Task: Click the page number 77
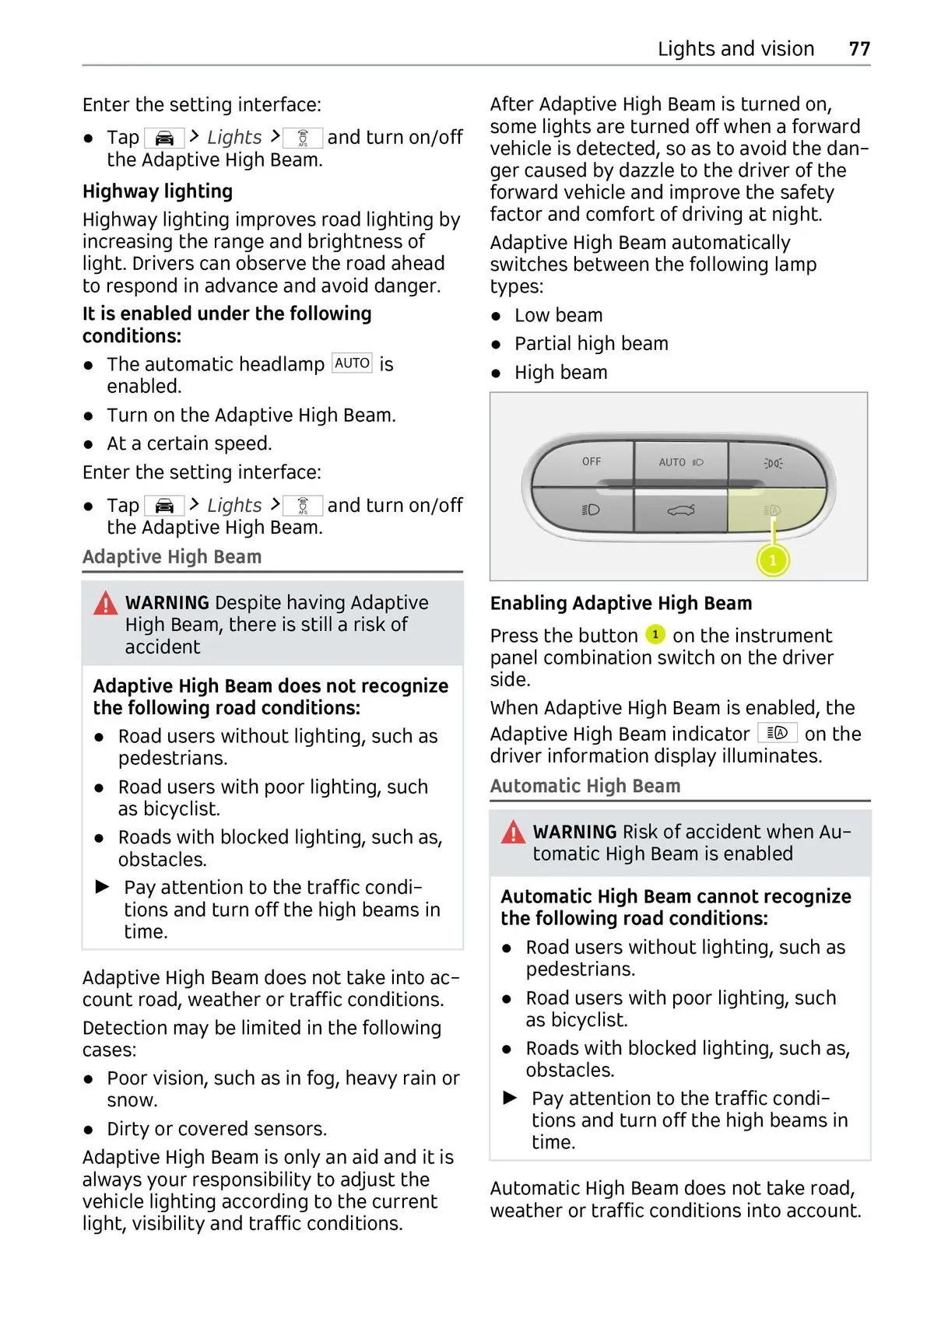pos(859,49)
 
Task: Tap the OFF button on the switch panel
pos(592,461)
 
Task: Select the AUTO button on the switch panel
pos(681,462)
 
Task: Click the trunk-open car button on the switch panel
pos(681,510)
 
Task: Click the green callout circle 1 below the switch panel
pos(773,560)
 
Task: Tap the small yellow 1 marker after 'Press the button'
pos(655,635)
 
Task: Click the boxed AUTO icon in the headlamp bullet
pos(352,363)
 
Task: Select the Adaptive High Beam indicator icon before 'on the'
pos(777,733)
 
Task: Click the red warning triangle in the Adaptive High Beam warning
pos(106,603)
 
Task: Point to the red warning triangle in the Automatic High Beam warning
pos(514,833)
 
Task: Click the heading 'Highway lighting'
pos(157,191)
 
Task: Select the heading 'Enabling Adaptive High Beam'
pos(621,603)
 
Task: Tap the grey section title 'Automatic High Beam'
pos(585,786)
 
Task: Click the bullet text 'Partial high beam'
pos(591,344)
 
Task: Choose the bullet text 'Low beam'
pos(558,315)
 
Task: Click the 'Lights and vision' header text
pos(736,49)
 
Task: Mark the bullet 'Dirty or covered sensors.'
pos(216,1129)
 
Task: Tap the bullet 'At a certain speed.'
pos(189,443)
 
